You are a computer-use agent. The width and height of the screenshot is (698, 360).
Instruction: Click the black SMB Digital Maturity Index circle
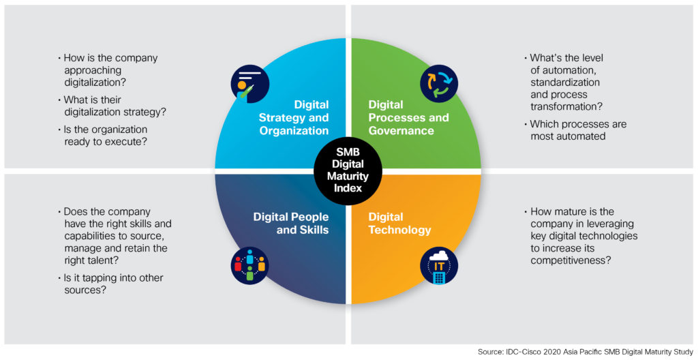pyautogui.click(x=348, y=171)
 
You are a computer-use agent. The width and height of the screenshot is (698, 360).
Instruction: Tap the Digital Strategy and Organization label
pyautogui.click(x=293, y=118)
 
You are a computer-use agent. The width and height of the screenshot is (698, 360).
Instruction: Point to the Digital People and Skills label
pyautogui.click(x=291, y=223)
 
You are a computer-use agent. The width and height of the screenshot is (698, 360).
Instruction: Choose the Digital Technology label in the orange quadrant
pyautogui.click(x=399, y=223)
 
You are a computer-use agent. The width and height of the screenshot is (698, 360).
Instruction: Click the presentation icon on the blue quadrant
pyautogui.click(x=249, y=84)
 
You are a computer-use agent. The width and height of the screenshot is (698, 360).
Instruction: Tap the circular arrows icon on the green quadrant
pyautogui.click(x=440, y=84)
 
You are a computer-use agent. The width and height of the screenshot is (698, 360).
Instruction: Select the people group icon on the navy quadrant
pyautogui.click(x=249, y=265)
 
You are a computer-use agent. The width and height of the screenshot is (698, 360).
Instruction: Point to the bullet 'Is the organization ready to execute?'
pyautogui.click(x=103, y=136)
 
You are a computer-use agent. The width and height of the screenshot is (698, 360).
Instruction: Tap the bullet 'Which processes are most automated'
pyautogui.click(x=575, y=130)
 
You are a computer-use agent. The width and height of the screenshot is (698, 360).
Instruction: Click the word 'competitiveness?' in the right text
pyautogui.click(x=570, y=260)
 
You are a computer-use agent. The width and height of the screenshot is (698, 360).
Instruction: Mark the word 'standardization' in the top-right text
pyautogui.click(x=565, y=82)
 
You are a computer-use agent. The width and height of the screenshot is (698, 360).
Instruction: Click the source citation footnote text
pyautogui.click(x=586, y=352)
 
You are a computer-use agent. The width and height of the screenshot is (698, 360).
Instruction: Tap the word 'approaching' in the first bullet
pyautogui.click(x=93, y=70)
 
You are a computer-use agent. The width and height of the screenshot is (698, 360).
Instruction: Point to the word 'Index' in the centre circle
pyautogui.click(x=348, y=187)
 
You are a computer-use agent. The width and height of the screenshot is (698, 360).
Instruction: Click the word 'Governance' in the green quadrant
pyautogui.click(x=401, y=130)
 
